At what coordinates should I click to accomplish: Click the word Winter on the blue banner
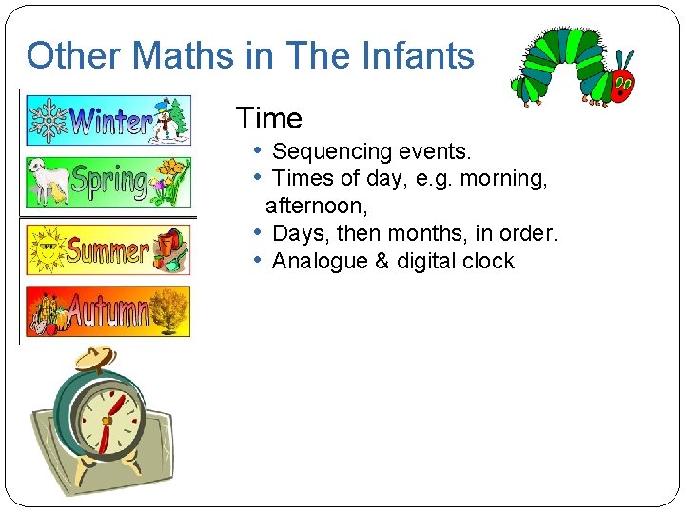[111, 121]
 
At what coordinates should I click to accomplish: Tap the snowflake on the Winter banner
[49, 121]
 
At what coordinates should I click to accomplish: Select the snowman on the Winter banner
[171, 119]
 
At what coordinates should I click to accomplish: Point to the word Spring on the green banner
[109, 182]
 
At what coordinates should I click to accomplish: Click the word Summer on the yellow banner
[107, 250]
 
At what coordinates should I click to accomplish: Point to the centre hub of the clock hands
[107, 420]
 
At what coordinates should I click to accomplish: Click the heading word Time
[268, 119]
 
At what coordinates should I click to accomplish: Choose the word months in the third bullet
[440, 233]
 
